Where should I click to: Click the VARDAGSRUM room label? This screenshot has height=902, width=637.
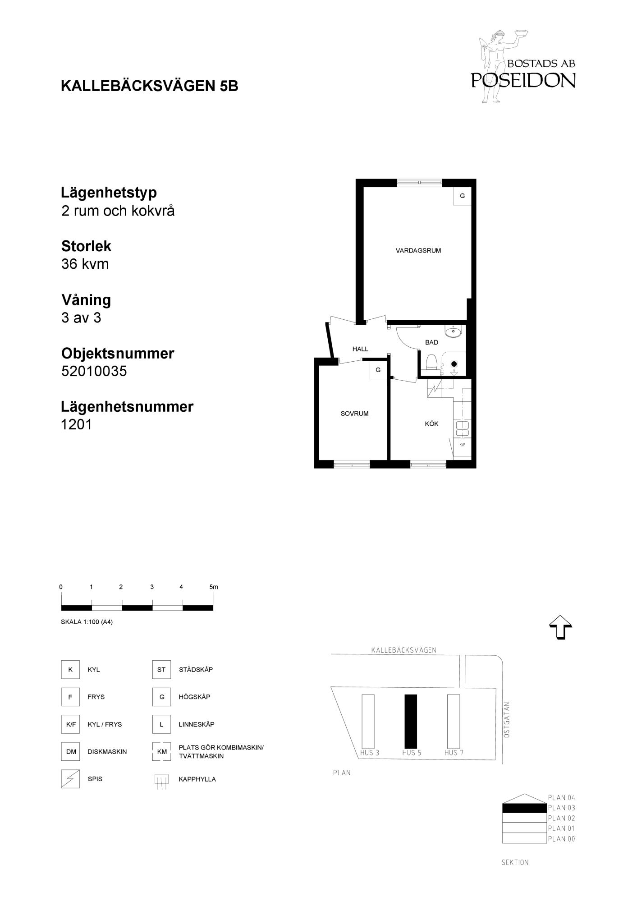point(418,251)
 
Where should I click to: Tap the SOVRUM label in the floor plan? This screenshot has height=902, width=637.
point(354,414)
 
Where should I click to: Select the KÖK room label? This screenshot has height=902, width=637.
point(431,424)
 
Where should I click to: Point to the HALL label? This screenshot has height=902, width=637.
point(360,349)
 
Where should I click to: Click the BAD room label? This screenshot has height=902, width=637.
point(431,342)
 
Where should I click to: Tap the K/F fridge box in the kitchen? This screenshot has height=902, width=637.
point(462,445)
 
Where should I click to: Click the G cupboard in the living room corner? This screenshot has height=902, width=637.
point(462,196)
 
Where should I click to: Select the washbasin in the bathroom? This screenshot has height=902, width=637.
point(453,332)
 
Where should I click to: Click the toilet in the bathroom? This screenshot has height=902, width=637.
point(431,362)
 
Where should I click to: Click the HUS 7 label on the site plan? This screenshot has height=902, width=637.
point(454,753)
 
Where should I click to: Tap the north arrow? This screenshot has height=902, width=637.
point(560,627)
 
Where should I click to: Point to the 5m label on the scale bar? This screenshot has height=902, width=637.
point(214,587)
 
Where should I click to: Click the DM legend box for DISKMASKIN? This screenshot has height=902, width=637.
point(71,752)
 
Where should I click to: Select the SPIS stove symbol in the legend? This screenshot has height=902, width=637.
point(70,779)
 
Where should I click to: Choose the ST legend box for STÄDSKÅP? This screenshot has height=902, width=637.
point(161,670)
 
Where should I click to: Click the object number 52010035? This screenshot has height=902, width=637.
point(94,371)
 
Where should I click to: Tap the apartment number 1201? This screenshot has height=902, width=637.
point(77,424)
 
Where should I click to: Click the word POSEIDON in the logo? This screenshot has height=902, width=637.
point(523,80)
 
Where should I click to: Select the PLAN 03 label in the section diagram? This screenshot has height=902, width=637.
point(561,808)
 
